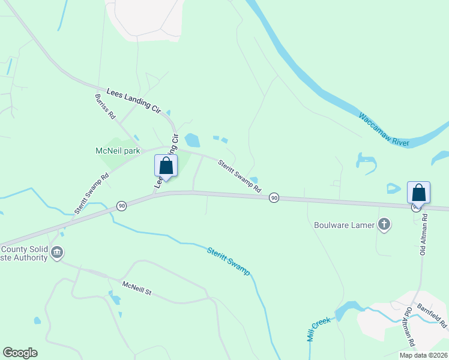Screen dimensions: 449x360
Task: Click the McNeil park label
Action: coord(118,151)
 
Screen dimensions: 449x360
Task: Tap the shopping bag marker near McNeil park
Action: coord(166,166)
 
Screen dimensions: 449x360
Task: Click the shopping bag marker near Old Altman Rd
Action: coord(418,193)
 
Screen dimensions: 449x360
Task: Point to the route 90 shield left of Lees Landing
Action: coord(121,206)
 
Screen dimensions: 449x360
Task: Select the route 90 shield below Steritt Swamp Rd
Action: coord(274,197)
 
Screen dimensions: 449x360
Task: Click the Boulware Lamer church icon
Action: coord(384,225)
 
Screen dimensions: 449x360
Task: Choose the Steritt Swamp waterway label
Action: coord(229,261)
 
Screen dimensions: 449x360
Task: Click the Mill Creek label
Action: coord(319,329)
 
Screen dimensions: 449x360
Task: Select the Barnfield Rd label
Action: coord(432,314)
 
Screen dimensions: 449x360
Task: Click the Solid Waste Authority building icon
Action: coord(56,253)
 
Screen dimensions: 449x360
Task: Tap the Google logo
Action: coord(20,353)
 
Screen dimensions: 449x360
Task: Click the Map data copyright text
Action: coord(423,355)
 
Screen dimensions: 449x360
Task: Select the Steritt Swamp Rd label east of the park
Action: coord(240,175)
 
